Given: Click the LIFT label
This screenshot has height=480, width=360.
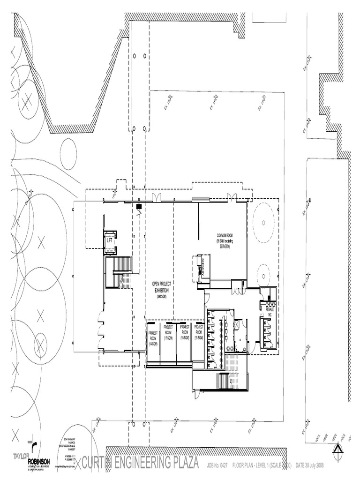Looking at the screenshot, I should point(110,240).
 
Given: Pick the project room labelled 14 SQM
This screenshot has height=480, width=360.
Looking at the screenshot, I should point(153,338).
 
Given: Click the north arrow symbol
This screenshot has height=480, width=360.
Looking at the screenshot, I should point(337,451).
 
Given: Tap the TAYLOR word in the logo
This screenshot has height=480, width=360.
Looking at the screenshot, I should point(21,456).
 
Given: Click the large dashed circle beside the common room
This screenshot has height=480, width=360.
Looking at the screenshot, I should point(263,223).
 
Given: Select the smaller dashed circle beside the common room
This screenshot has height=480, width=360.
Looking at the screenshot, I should point(263,272).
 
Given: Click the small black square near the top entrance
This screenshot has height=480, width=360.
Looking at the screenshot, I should point(139,206).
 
